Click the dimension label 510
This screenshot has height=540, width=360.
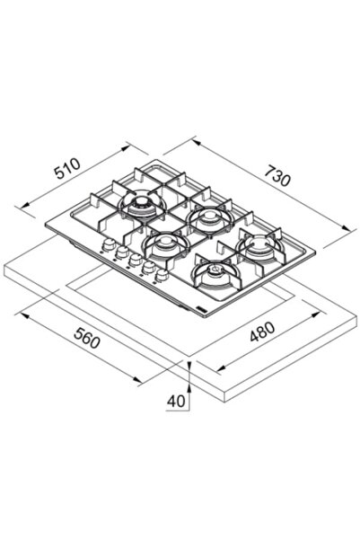[68, 169]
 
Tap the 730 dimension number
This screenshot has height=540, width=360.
[277, 175]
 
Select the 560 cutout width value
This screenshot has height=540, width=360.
[87, 338]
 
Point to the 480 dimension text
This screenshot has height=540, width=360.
[262, 332]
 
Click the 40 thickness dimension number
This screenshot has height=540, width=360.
[176, 401]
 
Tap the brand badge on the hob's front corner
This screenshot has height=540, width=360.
[200, 308]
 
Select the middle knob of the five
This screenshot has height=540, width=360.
[136, 260]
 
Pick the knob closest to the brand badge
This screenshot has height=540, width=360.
[161, 275]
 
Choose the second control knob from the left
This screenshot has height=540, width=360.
[122, 252]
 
